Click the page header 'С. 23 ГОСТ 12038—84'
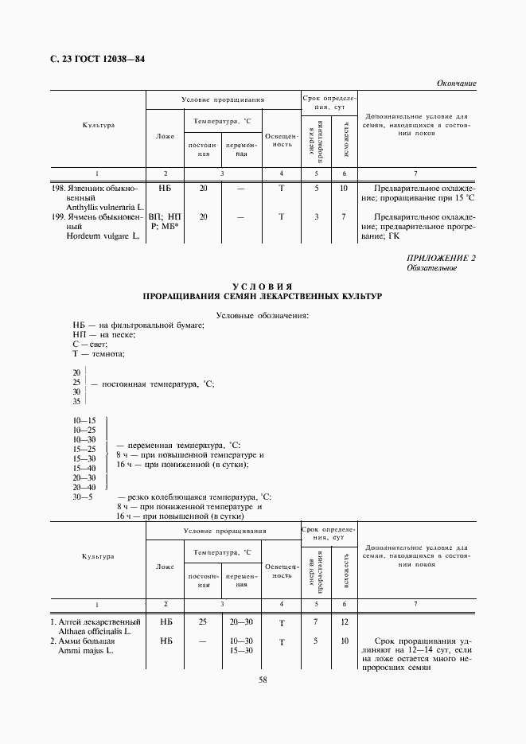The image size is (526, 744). pos(92,60)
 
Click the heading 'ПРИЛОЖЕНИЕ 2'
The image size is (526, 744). pos(442,258)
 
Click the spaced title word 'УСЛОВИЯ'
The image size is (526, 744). pos(263,286)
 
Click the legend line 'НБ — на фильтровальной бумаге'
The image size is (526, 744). pos(138,325)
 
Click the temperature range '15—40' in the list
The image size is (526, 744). pos(84,468)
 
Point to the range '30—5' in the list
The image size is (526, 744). pos(83,497)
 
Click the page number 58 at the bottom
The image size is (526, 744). pos(263,680)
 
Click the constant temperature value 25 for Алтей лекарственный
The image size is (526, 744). pos(203,621)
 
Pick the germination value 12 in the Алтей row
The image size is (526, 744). pos(344,621)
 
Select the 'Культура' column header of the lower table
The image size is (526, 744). pos(98,557)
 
